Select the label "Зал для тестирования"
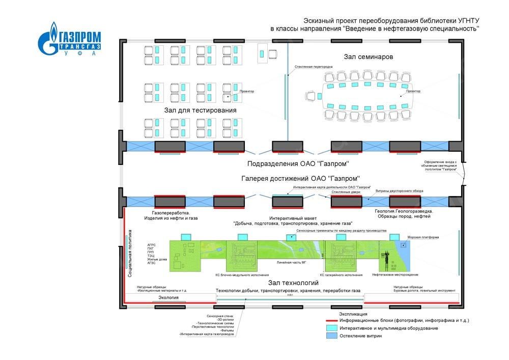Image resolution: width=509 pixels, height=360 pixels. (x=200, y=110)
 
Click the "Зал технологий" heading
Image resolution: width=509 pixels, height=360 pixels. (x=295, y=283)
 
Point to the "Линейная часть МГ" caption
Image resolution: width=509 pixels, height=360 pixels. (x=291, y=263)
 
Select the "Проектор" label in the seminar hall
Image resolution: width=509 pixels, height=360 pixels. (x=413, y=91)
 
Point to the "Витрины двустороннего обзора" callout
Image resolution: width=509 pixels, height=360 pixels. (x=399, y=191)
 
